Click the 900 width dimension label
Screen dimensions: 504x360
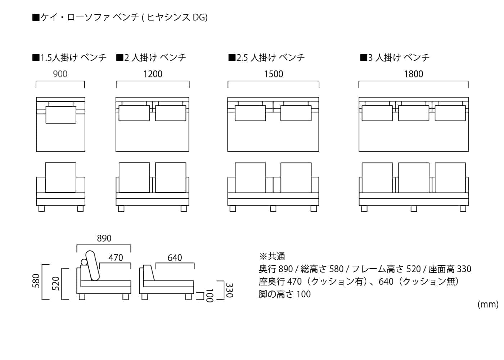pos(60,74)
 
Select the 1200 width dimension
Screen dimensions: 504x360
pos(153,74)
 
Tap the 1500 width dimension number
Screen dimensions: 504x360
pos(273,74)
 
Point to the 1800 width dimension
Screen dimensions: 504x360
pos(414,74)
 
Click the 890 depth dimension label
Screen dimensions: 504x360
pos(104,238)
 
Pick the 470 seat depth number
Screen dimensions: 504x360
pos(116,258)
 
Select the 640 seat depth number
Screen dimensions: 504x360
pos(175,258)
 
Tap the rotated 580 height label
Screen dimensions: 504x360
pos(36,281)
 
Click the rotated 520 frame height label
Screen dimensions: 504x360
pos(55,284)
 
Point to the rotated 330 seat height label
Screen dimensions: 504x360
pos(229,290)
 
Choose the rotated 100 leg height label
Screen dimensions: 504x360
pos(210,296)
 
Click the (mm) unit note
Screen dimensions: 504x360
pos(488,305)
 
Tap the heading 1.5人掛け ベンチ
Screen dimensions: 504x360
pos(69,58)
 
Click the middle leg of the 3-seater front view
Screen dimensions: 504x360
pos(414,208)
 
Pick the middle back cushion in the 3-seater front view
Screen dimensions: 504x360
pos(414,177)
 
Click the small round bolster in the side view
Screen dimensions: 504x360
pos(84,262)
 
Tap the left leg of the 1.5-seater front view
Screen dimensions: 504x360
pos(42,208)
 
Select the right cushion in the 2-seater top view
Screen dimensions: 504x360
pos(171,113)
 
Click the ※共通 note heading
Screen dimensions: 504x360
pos(272,256)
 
